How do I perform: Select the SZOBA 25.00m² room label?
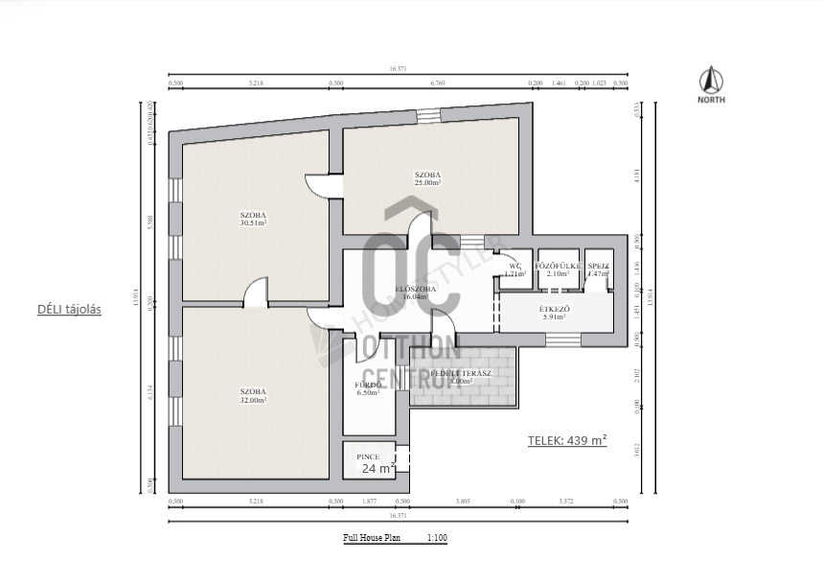427,177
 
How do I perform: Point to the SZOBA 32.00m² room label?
254,395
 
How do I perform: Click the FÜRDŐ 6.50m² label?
369,387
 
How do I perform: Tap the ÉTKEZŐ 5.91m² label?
557,312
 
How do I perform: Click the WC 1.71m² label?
514,269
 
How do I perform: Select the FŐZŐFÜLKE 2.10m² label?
553,269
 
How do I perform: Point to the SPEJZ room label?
598,269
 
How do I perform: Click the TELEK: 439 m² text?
567,441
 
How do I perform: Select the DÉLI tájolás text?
69,310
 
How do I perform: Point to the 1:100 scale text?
437,538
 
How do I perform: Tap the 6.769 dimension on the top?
439,83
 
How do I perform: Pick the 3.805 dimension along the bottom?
463,502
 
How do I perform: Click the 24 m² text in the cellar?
378,469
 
